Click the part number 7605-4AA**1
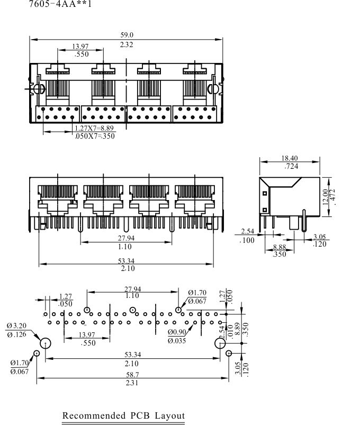(60, 4)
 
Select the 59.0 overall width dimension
(127, 35)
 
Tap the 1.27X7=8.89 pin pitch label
(94, 128)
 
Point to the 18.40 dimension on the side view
(289, 158)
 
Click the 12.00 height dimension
(325, 197)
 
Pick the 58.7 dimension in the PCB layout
(132, 375)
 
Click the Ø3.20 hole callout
(16, 325)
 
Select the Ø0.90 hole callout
(177, 332)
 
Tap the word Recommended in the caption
(94, 415)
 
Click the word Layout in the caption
(170, 415)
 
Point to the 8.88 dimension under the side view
(279, 247)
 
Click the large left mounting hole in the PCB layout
(46, 343)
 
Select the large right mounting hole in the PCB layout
(220, 343)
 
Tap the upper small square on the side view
(265, 193)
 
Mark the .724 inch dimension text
(291, 166)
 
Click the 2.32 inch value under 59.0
(127, 44)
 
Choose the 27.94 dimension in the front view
(126, 238)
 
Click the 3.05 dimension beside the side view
(319, 237)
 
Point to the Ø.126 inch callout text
(16, 334)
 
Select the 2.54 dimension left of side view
(248, 231)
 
